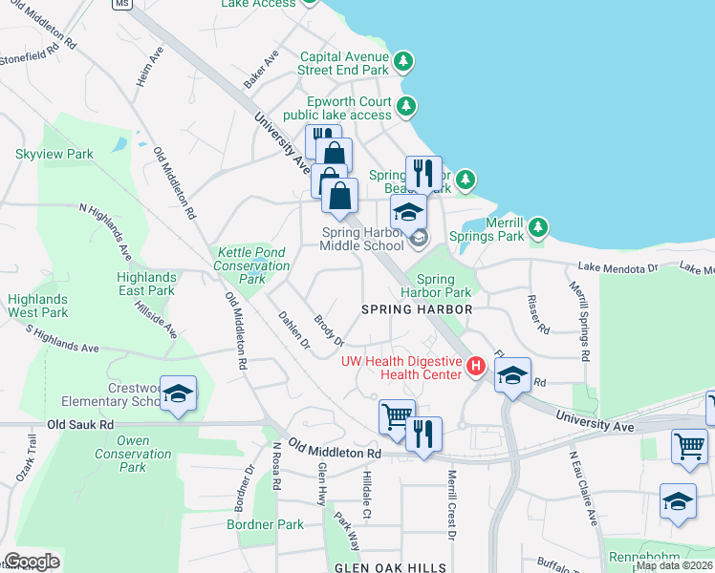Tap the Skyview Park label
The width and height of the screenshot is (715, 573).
point(54,154)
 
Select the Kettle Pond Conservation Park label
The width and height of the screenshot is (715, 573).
point(238,265)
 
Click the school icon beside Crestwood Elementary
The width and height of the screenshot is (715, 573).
point(178,393)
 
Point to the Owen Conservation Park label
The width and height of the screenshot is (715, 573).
point(133,454)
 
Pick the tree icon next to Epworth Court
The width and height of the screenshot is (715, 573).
point(407,106)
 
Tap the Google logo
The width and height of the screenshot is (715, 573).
point(32,562)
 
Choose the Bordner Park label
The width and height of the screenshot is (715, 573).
point(265,524)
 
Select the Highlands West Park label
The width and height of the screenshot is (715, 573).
point(38,306)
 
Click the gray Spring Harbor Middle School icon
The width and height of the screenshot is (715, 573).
point(420,240)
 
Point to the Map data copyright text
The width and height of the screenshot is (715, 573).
point(675,565)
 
